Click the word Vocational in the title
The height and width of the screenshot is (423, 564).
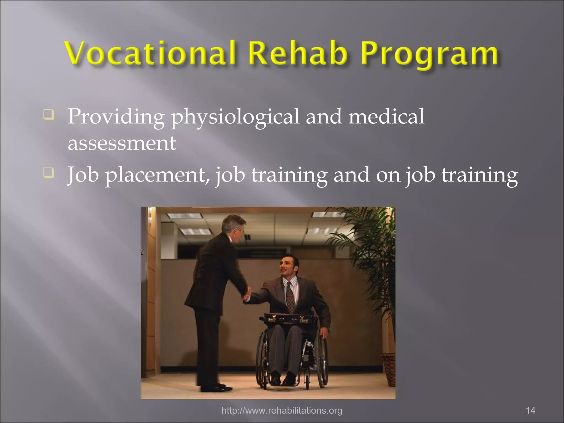click(x=150, y=53)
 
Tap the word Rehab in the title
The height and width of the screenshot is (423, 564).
click(x=297, y=53)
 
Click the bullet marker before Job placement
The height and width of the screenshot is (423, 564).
click(x=48, y=173)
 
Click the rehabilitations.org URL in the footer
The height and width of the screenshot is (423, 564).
click(x=282, y=410)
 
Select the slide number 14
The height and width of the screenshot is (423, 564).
click(x=530, y=410)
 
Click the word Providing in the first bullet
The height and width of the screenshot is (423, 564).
click(x=116, y=117)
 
